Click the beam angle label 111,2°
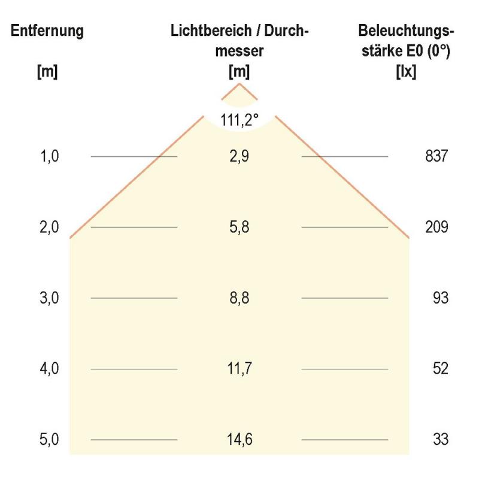point(239,120)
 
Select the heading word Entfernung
point(47,31)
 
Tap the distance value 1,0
point(50,157)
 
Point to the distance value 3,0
point(50,298)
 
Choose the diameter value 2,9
point(239,157)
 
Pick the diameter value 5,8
point(239,228)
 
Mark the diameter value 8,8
point(239,298)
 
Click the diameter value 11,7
point(239,369)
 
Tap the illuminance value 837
point(436,157)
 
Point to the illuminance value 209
point(436,228)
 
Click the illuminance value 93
point(440,298)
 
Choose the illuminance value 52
point(440,369)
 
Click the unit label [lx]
point(406,71)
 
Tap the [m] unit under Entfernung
point(47,71)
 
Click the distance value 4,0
point(50,369)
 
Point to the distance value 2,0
point(50,228)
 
